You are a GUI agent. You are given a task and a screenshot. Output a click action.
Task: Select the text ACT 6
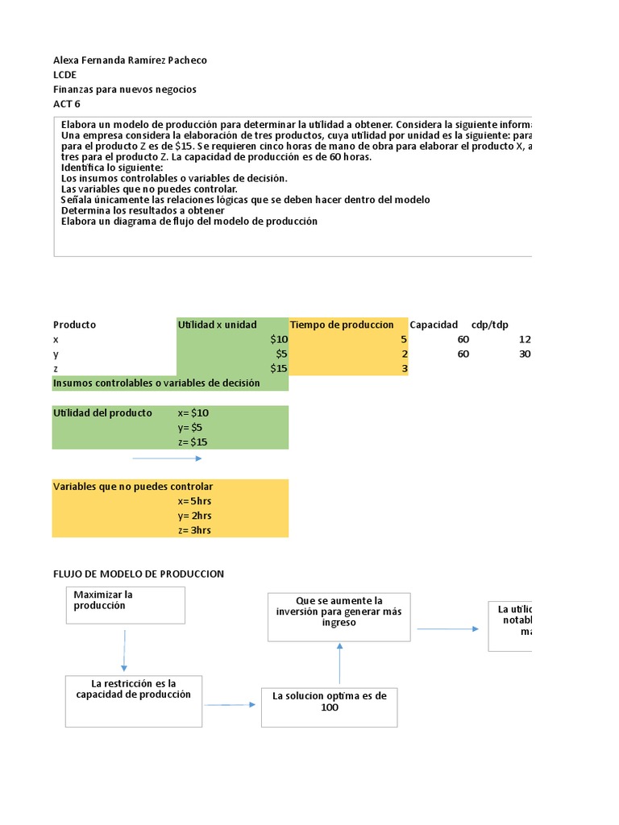67,104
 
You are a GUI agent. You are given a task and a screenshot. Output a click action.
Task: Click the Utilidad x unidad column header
218,325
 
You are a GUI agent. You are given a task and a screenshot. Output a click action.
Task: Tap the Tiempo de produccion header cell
343,325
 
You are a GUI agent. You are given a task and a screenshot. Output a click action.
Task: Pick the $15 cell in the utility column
278,369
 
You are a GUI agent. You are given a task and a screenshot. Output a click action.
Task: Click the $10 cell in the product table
278,340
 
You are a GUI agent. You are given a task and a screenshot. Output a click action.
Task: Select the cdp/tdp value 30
525,354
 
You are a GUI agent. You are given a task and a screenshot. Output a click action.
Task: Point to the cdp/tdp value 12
525,340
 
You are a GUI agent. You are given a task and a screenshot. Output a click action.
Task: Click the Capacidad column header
434,325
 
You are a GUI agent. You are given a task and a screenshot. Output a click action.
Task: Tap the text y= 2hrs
194,516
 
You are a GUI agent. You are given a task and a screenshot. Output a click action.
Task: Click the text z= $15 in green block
193,442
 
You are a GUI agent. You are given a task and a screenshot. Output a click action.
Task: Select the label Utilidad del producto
102,412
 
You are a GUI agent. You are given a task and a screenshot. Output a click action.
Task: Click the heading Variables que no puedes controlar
133,487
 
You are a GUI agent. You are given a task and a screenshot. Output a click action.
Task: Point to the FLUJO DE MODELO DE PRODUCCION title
139,574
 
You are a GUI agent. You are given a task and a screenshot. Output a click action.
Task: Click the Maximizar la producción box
125,604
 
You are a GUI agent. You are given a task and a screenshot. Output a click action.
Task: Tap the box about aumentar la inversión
339,617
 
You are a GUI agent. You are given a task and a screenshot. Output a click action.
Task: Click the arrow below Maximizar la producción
124,650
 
